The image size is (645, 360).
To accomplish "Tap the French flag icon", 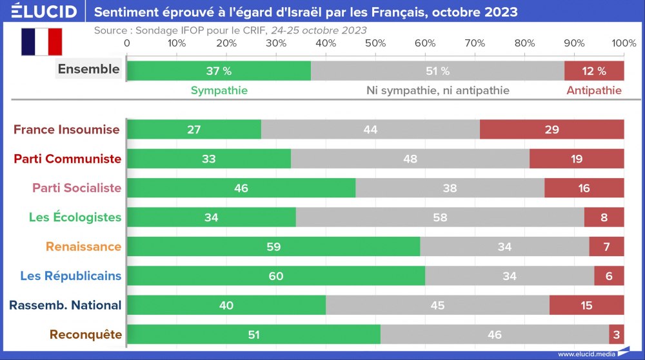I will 41,41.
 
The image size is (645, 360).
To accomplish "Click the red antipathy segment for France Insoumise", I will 551,129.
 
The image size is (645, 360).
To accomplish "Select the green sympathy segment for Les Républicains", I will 276,276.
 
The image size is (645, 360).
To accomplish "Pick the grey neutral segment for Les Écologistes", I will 440,217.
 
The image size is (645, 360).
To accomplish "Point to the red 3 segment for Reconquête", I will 617,335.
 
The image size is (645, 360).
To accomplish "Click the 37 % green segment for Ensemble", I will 219,71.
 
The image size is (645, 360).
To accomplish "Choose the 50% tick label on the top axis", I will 375,43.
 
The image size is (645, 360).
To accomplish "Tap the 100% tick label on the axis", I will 624,43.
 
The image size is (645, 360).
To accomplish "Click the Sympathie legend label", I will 219,90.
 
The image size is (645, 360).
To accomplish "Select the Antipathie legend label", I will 594,90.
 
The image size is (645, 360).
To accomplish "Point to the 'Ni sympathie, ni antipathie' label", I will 438,90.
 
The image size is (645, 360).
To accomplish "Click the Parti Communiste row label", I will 68,159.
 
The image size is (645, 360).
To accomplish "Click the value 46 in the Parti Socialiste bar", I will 240,188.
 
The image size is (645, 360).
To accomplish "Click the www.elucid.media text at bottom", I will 585,354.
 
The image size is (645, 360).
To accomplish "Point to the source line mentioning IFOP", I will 230,30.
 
